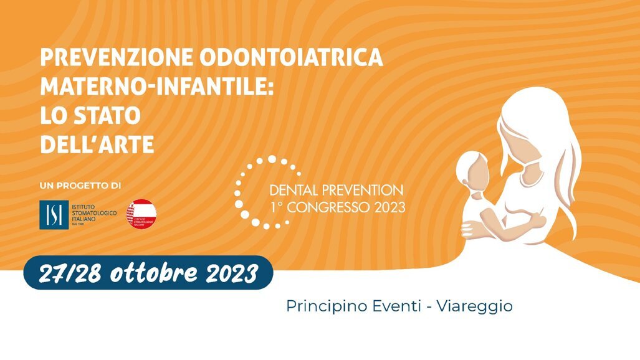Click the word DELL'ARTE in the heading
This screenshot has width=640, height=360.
97,144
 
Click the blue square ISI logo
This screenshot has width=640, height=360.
54,214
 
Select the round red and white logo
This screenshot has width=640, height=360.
141,214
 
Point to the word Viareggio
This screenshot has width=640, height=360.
475,306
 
